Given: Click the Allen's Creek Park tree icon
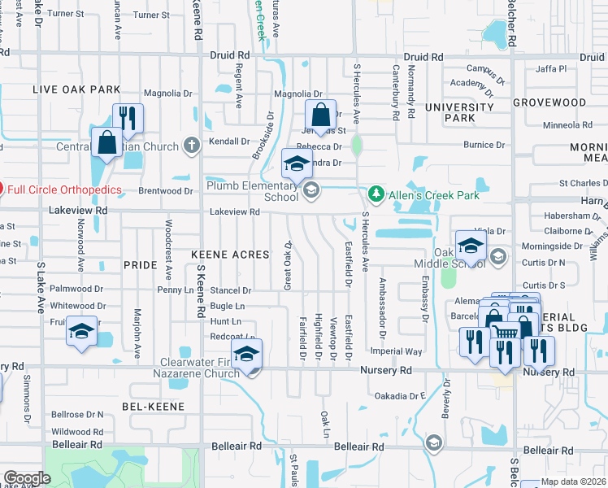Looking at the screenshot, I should (376, 194).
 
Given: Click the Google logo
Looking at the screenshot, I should (27, 478).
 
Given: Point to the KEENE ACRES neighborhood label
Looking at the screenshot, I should (230, 255).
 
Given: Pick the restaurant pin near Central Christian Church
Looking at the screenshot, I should (128, 118).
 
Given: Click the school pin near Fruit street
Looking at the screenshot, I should (81, 330).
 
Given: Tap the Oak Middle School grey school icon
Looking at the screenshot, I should (498, 258).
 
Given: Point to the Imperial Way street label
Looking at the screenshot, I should (397, 352).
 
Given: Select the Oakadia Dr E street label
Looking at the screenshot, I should (401, 396).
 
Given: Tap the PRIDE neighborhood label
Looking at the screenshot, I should (139, 265).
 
